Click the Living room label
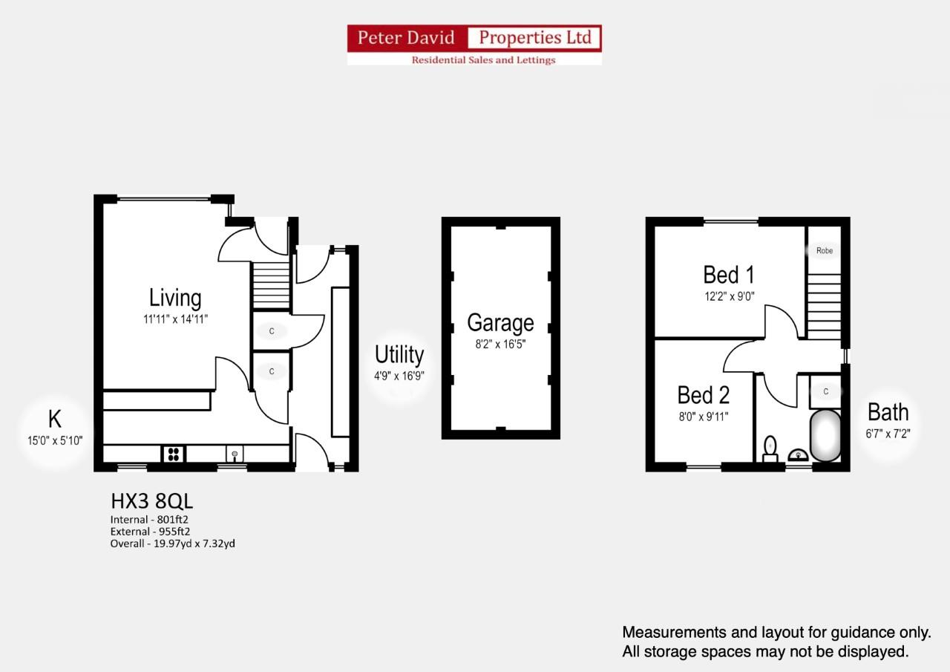pos(175,298)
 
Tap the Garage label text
pos(500,323)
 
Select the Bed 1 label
pos(729,275)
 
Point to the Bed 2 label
pos(704,394)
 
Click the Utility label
pos(399,354)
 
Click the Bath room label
pos(888,411)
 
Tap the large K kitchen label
pos(54,418)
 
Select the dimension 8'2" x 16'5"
pos(500,344)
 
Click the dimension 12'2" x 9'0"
pos(729,296)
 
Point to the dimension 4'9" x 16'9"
pos(399,376)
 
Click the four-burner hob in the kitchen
pos(173,453)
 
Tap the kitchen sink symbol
pos(235,453)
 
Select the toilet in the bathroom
pos(770,448)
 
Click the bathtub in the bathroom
pos(825,435)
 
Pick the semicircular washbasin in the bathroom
pos(798,454)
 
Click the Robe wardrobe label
pos(825,251)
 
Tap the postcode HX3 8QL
pos(151,501)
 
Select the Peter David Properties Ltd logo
pos(474,45)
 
